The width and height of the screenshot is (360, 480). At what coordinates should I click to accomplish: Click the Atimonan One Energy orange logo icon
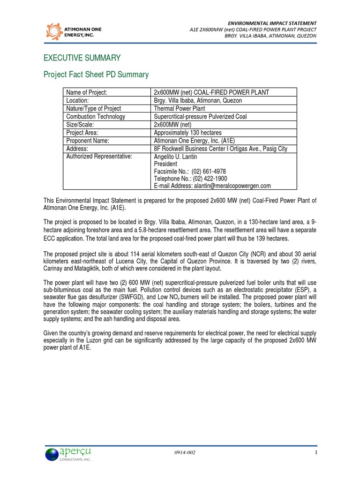pos(54,31)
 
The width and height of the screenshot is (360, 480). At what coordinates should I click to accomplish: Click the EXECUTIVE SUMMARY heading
pos(82,58)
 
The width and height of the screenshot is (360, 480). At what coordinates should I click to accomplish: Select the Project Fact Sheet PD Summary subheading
pos(96,75)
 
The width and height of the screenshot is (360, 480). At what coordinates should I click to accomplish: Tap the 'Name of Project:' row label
pos(87,92)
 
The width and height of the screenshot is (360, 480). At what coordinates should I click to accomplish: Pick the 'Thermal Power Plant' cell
pos(180,108)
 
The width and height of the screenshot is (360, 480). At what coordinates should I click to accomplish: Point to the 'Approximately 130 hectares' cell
pos(188,133)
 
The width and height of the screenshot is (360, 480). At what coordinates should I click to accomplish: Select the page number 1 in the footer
pos(316,452)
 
